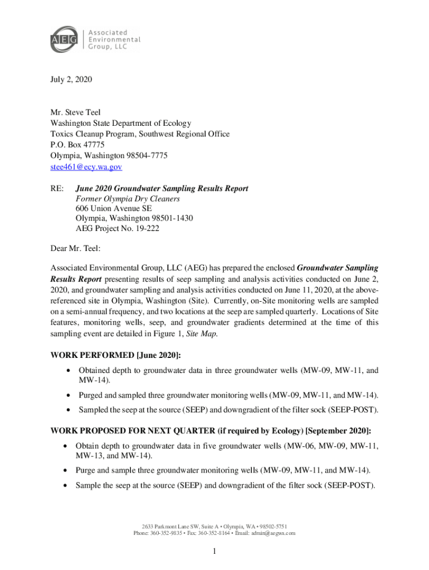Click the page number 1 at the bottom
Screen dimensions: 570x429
(214, 552)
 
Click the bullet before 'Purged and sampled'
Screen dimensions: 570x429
(68, 396)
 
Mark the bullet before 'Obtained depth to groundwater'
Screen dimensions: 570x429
(68, 371)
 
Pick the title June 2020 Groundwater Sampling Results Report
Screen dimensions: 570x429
(162, 189)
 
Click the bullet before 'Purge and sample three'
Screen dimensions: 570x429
(66, 470)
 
